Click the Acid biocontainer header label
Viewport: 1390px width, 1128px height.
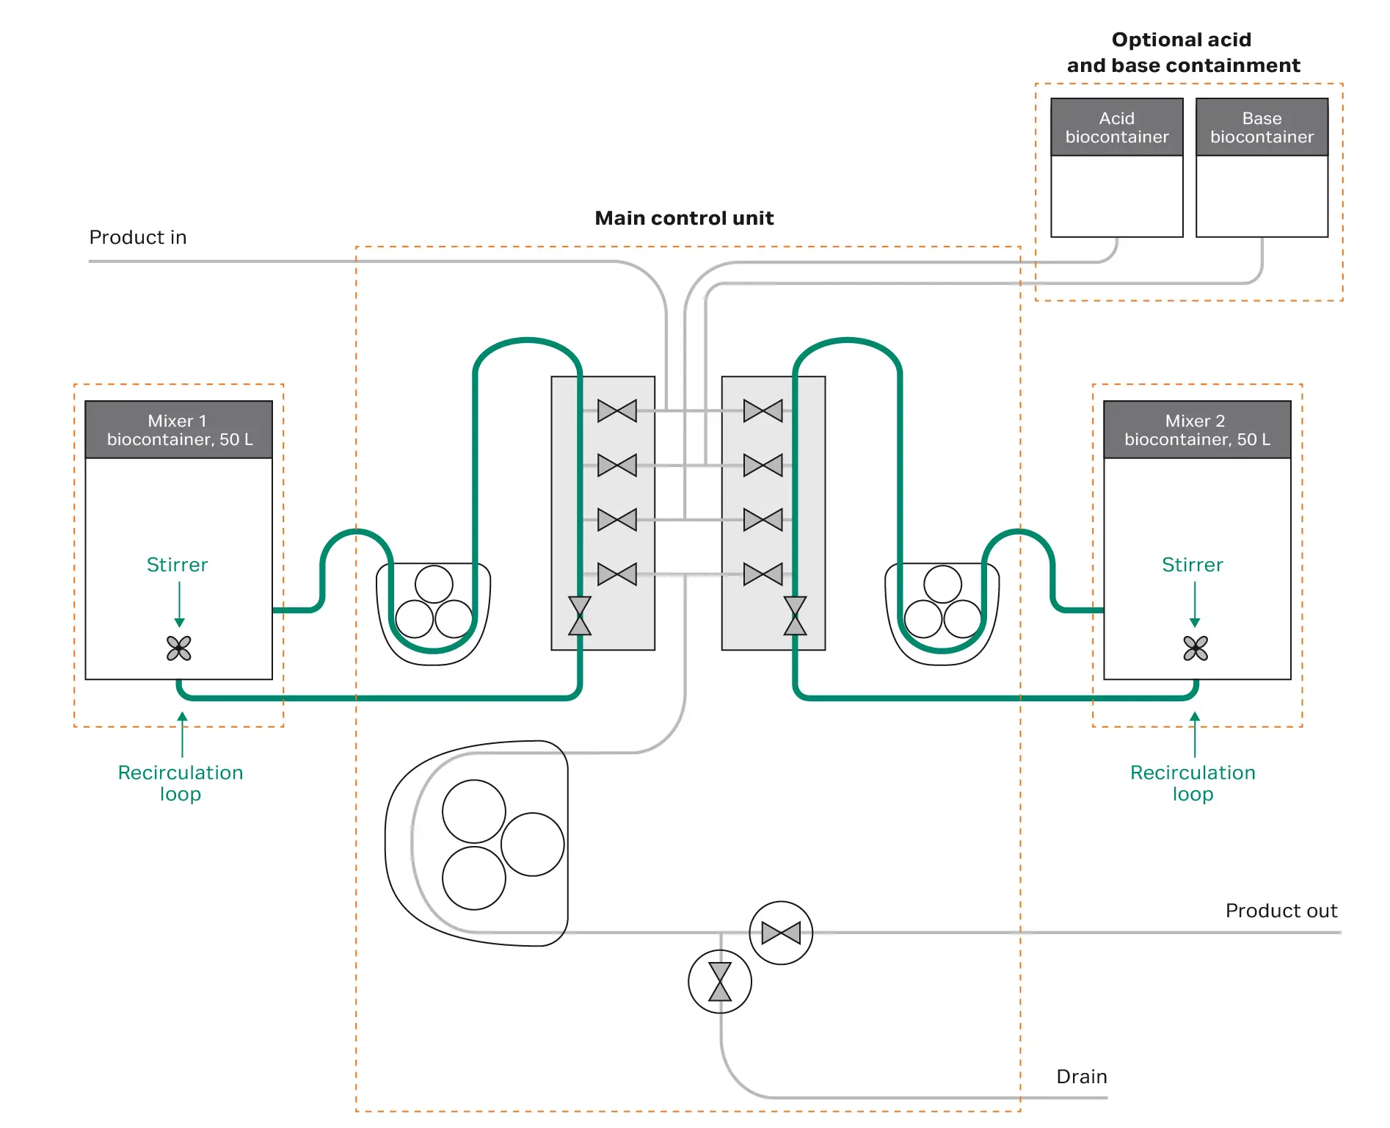coord(1116,128)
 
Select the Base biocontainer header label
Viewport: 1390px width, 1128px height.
coord(1262,128)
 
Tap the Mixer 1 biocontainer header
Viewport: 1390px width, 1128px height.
coord(179,430)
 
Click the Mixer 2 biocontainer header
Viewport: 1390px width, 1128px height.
coord(1197,430)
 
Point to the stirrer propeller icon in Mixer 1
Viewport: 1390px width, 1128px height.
coord(179,648)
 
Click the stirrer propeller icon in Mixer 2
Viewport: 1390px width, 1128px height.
coord(1196,648)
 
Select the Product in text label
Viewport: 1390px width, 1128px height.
coord(138,237)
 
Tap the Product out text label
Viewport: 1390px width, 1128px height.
coord(1281,911)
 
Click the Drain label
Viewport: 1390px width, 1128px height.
coord(1081,1077)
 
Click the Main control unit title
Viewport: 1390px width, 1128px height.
coord(684,218)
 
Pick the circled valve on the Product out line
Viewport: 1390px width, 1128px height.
coord(781,933)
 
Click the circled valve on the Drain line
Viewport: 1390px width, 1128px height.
coord(720,982)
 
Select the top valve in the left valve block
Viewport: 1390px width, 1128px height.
coord(617,411)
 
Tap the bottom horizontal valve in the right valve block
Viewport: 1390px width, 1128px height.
coord(763,574)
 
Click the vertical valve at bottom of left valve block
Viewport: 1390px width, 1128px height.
coord(580,615)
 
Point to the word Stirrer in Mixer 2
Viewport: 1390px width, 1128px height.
coord(1192,565)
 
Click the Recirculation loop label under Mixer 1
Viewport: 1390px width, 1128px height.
coord(181,783)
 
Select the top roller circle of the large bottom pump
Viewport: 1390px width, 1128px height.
coord(474,811)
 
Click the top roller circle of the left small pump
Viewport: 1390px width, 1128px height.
coord(434,585)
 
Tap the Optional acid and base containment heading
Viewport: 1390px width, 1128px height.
coord(1182,52)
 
